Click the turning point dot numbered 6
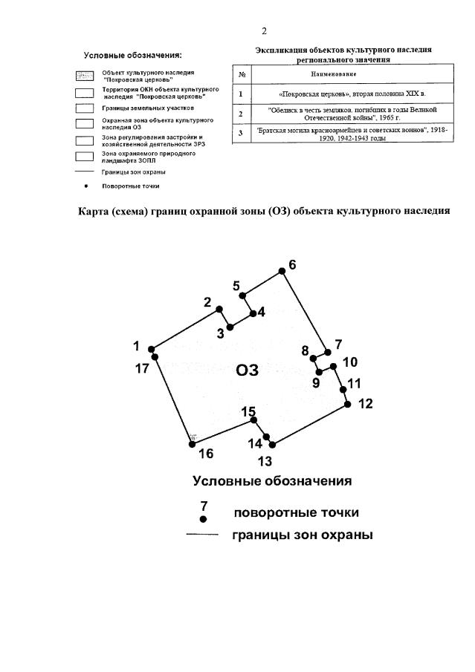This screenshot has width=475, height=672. coord(282,273)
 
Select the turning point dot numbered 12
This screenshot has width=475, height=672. coord(347,404)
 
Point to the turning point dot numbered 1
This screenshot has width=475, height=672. coord(151,349)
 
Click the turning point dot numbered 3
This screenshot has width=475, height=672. coord(230,327)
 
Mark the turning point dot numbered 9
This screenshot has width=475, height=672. coord(319,372)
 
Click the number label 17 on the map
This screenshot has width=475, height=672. coord(142,368)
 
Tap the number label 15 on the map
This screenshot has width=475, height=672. coord(248,411)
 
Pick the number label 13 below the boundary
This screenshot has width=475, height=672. coord(265,461)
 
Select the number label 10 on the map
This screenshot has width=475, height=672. coord(349,362)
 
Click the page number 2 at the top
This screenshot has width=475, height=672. coord(264,31)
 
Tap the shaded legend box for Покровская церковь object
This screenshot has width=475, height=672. coord(84,76)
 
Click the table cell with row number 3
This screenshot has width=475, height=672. coord(241,134)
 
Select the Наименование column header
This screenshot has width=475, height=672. coord(344,75)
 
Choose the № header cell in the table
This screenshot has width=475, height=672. coord(242,75)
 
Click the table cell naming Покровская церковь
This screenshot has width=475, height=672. coord(344,94)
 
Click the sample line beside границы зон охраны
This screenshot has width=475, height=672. coord(201,535)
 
